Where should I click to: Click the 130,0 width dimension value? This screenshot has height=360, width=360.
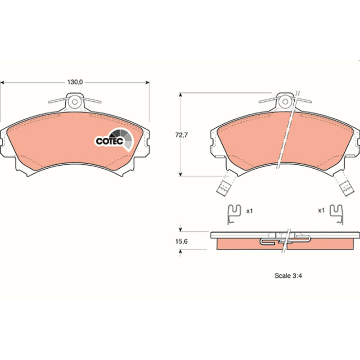tap(75, 82)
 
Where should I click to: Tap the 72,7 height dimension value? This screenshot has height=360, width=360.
tap(181, 135)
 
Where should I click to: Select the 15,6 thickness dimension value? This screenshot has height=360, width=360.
tap(181, 241)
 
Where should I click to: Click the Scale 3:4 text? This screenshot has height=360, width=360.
tap(288, 275)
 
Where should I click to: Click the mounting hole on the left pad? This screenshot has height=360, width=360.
tap(75, 102)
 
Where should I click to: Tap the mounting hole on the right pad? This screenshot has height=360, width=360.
tap(285, 101)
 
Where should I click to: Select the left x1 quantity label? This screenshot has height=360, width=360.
tap(249, 211)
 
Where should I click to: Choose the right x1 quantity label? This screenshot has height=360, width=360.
tap(321, 210)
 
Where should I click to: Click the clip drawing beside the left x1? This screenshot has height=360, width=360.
tap(234, 214)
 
